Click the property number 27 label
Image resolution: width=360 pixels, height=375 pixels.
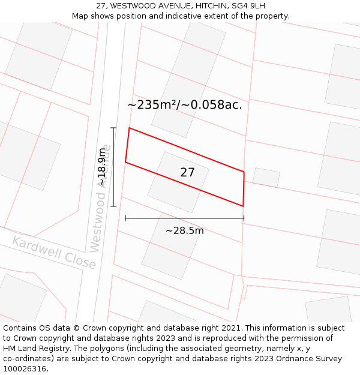pos(187,172)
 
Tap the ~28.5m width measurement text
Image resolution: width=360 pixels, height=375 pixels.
pos(185,230)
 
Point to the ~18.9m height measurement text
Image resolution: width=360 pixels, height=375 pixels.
pos(103,167)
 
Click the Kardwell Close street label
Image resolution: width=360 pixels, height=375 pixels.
pos(54,253)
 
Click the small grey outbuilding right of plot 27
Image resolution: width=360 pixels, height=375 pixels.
pos(266,177)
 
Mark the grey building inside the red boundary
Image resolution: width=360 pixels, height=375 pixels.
pos(178,182)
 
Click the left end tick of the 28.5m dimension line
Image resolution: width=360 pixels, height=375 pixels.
pos(125,218)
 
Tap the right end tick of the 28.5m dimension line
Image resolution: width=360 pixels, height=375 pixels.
pos(244,218)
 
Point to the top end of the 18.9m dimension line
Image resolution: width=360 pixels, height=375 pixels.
pos(113,128)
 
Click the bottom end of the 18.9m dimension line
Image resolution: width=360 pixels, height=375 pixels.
pos(113,206)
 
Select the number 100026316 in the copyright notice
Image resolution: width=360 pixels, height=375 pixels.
pos(24,369)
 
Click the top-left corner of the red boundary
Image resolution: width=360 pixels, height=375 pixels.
pos(130,128)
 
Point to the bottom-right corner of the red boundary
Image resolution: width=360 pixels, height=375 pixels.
pos(243,206)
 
